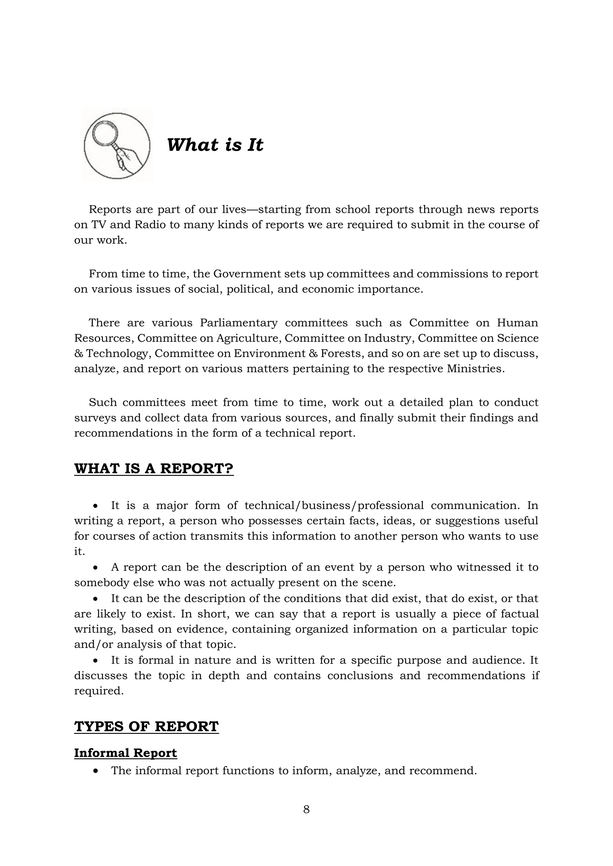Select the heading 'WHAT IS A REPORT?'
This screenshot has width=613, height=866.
(154, 469)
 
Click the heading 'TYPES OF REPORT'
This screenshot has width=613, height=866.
(146, 726)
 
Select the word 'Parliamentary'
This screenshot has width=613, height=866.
(239, 323)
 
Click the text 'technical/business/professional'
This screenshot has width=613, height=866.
(334, 505)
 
